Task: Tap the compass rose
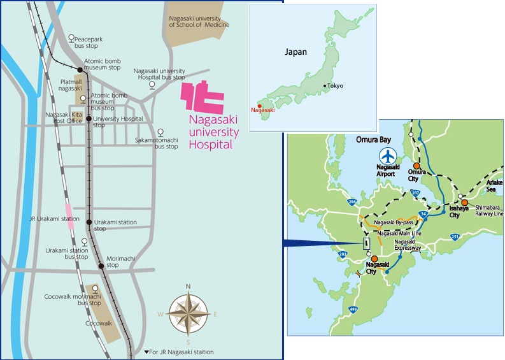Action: [188, 313]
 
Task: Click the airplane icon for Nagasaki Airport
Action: [387, 155]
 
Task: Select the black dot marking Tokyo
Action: [325, 85]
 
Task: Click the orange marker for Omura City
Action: [416, 165]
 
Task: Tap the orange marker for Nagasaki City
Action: [374, 259]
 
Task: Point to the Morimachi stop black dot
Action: [101, 265]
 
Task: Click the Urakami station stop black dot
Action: [90, 222]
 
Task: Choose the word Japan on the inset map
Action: [295, 52]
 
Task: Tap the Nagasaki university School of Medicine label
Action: [199, 22]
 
